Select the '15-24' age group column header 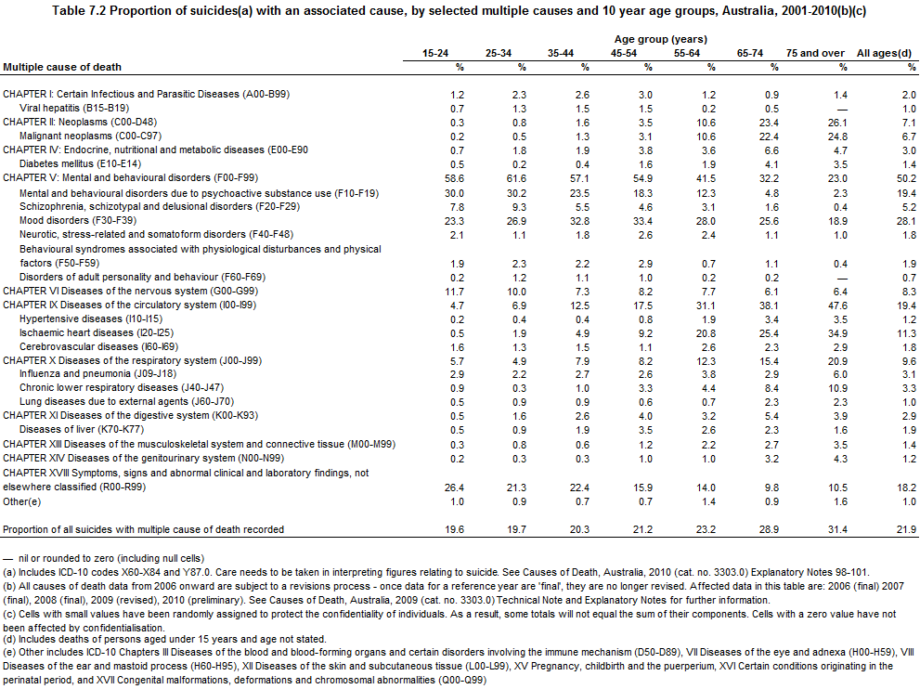pos(434,53)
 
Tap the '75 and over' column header pos(815,53)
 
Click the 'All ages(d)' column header pos(886,53)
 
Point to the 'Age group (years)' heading pos(660,39)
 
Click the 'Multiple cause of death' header pos(62,67)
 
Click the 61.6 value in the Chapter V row pos(516,178)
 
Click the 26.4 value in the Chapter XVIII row pos(452,487)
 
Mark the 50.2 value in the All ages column pos(906,178)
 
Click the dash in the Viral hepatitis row pos(842,109)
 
